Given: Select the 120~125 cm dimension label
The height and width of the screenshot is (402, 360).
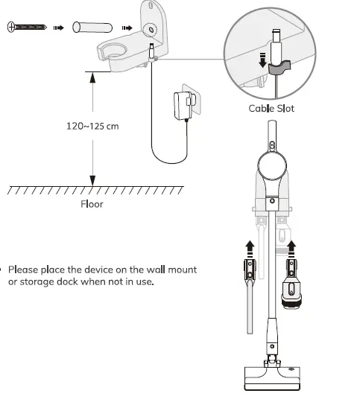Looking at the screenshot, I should tap(92, 126).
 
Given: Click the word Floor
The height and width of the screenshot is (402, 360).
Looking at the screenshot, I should tap(92, 203).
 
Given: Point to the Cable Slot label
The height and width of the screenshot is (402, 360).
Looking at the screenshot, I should tap(271, 109).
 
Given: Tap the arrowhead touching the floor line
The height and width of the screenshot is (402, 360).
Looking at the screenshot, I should tap(92, 181).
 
